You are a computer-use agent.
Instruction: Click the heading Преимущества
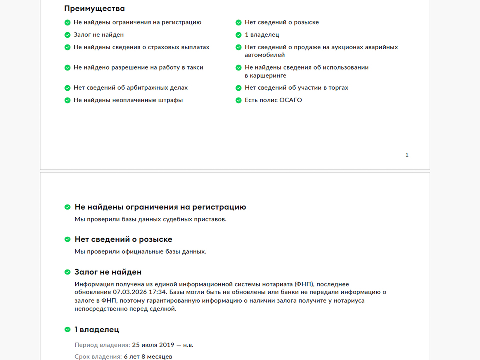[94, 8]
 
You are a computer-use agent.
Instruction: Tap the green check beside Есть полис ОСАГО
[239, 100]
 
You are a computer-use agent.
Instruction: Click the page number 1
[407, 155]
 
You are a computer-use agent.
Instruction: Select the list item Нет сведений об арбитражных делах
[131, 88]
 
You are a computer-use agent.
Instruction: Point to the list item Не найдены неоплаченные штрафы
[128, 100]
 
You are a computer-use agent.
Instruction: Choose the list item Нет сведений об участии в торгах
[296, 88]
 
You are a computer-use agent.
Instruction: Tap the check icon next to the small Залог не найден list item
[68, 35]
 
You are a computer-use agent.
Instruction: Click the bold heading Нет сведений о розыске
[123, 239]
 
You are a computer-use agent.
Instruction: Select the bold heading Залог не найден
[108, 272]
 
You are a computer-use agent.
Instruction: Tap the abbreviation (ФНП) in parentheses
[303, 284]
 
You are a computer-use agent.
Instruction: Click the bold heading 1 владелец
[97, 330]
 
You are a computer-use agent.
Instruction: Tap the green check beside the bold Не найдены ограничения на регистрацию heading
[68, 207]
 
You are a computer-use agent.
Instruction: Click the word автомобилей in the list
[264, 55]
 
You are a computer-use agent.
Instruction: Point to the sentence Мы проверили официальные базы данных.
[140, 251]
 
